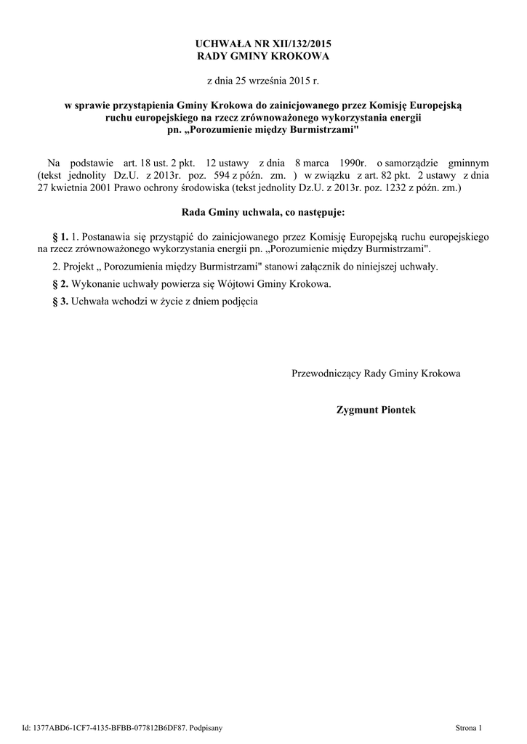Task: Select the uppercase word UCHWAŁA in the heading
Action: click(222, 44)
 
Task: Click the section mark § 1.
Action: click(61, 237)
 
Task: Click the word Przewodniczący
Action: click(326, 373)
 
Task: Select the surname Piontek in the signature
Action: click(393, 410)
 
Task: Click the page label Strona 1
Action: click(468, 727)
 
